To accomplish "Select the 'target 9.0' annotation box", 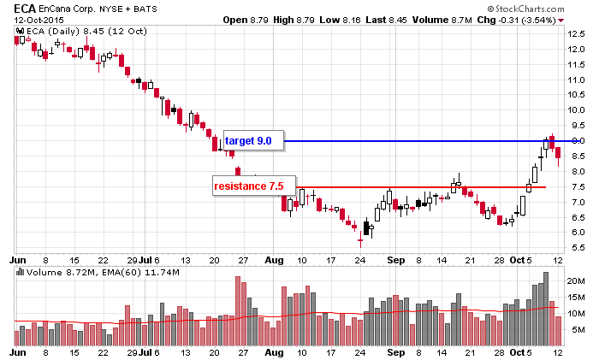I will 248,140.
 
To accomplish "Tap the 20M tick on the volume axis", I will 575,280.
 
